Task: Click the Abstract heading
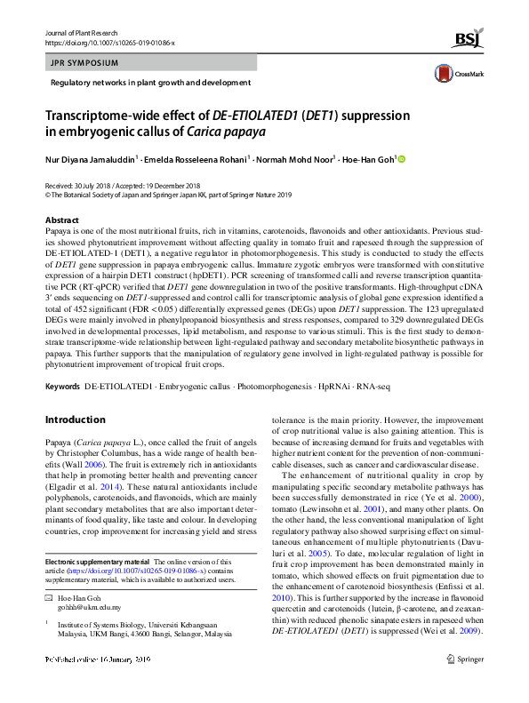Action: tap(62, 220)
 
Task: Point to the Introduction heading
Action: tap(75, 419)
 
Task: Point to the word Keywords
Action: tap(62, 387)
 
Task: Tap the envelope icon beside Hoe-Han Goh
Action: tap(49, 601)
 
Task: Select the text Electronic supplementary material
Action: tap(97, 563)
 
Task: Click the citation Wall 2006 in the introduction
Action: tap(95, 464)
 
